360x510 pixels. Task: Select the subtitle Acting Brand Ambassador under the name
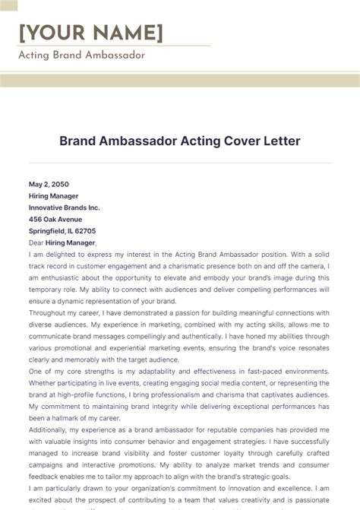pyautogui.click(x=81, y=55)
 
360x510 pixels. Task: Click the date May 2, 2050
pyautogui.click(x=49, y=184)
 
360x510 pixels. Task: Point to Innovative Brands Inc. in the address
pyautogui.click(x=64, y=207)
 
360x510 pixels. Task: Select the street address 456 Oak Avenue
pyautogui.click(x=56, y=219)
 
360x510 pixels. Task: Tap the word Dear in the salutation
pyautogui.click(x=37, y=242)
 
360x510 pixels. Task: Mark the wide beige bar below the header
pyautogui.click(x=180, y=81)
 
